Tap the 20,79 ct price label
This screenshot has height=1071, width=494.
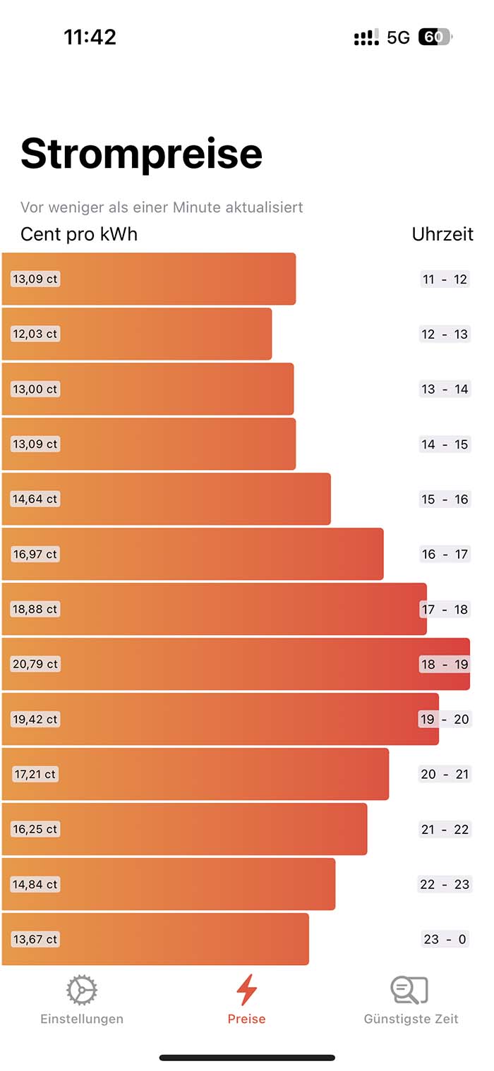[35, 664]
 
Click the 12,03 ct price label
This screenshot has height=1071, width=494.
[35, 334]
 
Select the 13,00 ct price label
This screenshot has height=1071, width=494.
[35, 389]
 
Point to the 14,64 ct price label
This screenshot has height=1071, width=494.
[35, 499]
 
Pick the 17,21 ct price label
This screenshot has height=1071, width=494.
[35, 774]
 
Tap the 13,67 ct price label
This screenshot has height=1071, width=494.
[35, 939]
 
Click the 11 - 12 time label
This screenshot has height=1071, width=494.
[445, 279]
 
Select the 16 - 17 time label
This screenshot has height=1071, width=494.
[445, 555]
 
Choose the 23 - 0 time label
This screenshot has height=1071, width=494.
[445, 939]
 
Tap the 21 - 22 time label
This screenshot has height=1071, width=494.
[445, 829]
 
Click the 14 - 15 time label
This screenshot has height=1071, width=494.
[445, 444]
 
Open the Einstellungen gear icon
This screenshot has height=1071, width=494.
[82, 991]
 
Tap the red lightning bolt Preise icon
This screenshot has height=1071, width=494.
[246, 990]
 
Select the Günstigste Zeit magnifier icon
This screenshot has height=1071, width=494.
[410, 990]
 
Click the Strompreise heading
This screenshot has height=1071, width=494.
[141, 153]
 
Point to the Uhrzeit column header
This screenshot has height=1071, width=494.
[442, 234]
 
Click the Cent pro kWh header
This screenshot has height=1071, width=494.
[79, 234]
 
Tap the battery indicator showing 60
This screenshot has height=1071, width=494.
[435, 37]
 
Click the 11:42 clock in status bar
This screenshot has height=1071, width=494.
[90, 37]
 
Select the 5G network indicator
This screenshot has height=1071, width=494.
[398, 37]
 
